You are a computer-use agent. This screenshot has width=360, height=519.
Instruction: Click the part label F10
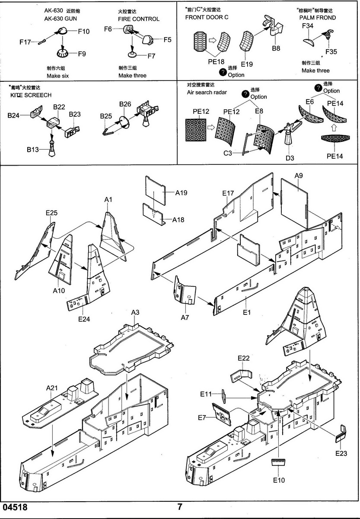(x=84, y=31)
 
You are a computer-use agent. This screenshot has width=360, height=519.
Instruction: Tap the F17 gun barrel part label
(x=25, y=42)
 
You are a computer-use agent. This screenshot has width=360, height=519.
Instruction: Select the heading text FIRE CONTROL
(x=139, y=19)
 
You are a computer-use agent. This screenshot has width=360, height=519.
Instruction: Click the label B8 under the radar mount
(x=276, y=48)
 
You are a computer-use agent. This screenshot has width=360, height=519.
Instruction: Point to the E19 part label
(x=247, y=64)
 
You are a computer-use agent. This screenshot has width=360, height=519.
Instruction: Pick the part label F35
(x=331, y=51)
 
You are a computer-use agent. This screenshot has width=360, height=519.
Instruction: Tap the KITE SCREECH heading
(x=30, y=95)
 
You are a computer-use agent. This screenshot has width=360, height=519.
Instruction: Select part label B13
(x=33, y=150)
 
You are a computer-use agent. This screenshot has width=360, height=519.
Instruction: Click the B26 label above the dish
(x=125, y=104)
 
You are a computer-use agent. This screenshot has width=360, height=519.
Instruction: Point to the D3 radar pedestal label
(x=290, y=158)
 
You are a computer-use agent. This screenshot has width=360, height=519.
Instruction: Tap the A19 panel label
(x=181, y=193)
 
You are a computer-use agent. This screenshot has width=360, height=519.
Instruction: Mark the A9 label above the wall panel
(x=299, y=176)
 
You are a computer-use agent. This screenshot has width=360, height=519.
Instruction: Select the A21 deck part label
(x=52, y=388)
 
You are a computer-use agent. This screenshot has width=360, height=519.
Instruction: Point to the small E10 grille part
(x=278, y=462)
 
